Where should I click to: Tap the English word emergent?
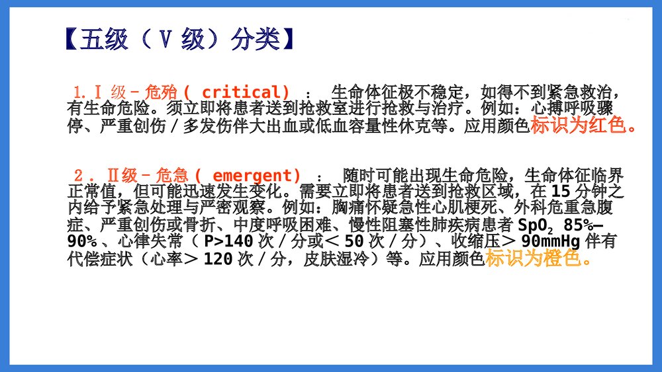click(x=257, y=175)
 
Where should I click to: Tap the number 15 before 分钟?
click(x=560, y=192)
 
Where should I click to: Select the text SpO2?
click(x=535, y=225)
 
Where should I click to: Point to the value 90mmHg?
click(x=551, y=242)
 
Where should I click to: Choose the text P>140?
click(x=228, y=242)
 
